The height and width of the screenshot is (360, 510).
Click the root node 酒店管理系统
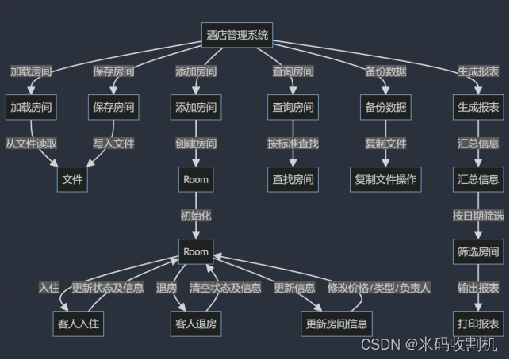pos(237,35)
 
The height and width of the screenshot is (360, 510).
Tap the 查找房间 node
pos(293,179)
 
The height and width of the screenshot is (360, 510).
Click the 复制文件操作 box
pos(385,179)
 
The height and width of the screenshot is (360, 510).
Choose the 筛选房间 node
pos(478,252)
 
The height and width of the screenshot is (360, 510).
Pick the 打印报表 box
pos(478,324)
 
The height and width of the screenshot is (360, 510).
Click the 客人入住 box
pos(80,324)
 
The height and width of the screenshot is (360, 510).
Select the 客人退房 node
pos(196,324)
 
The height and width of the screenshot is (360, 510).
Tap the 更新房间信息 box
pos(336,324)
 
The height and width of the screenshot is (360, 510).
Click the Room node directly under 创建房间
pos(196,179)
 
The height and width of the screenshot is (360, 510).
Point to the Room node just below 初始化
pos(196,252)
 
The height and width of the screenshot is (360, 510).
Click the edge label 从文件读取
pos(31,144)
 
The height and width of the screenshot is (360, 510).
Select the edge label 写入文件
pos(113,144)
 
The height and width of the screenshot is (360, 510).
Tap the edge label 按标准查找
pos(293,144)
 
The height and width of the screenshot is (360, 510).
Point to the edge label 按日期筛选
pos(478,216)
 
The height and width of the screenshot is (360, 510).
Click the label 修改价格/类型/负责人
pos(379,288)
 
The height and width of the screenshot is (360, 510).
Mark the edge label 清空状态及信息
pos(225,288)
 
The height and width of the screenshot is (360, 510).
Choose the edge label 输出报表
pos(478,288)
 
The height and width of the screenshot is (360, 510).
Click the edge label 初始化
pos(196,216)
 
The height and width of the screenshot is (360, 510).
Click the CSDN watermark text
pos(428,344)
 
